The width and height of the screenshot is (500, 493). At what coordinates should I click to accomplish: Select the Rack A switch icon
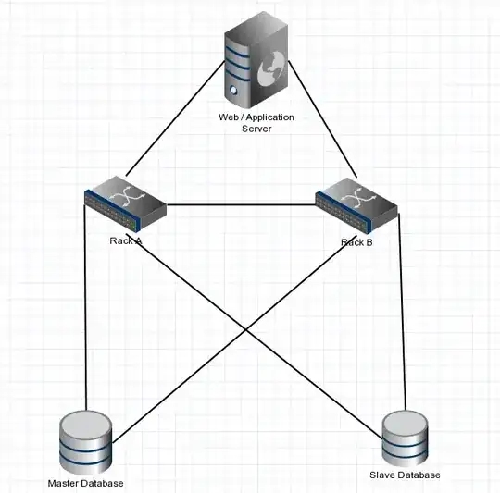[x=125, y=204]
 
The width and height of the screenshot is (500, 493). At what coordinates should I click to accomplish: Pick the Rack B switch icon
[x=356, y=206]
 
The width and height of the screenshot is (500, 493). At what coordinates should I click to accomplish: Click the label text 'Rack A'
[x=126, y=241]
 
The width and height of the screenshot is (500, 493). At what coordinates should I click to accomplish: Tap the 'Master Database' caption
[x=85, y=483]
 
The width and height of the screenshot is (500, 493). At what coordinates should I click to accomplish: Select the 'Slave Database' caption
[x=412, y=475]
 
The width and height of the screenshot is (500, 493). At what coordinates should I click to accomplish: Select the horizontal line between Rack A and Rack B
[x=241, y=204]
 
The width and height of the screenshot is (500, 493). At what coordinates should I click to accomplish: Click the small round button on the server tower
[x=231, y=91]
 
